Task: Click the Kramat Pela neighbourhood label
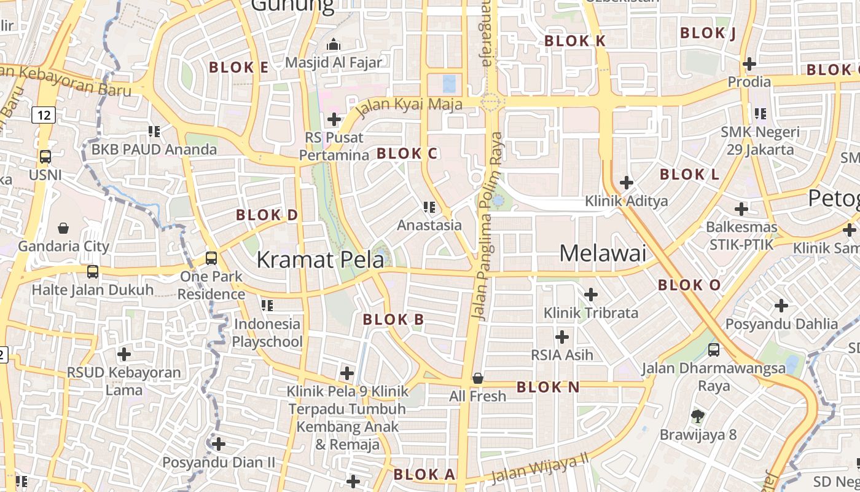coord(320,260)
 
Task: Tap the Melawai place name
coord(603,253)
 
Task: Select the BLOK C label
coord(407,154)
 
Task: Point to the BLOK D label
coord(267,215)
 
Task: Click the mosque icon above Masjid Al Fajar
coord(334,44)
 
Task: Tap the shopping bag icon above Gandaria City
coord(63,228)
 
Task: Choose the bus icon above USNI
coord(45,157)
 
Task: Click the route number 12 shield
coord(43,114)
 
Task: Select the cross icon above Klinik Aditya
coord(626,183)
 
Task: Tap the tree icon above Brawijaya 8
coord(697,416)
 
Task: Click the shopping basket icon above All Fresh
coord(477,378)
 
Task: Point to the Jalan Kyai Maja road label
coord(408,105)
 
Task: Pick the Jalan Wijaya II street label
coord(541,467)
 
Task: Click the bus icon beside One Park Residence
coord(211,258)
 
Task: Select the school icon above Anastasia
coord(429,207)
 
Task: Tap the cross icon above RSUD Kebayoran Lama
coord(124,354)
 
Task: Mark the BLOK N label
coord(548,387)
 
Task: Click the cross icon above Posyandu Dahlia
coord(781,305)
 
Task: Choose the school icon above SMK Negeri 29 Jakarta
coord(760,114)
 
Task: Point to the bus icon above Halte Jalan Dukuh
coord(93,271)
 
